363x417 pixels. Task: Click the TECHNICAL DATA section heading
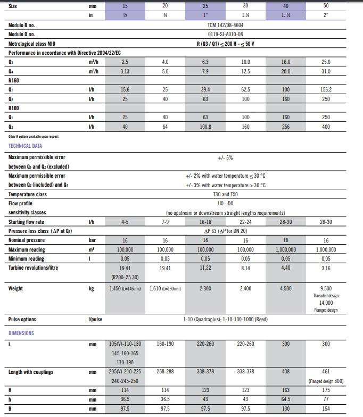click(25, 146)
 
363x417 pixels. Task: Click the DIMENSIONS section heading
click(21, 333)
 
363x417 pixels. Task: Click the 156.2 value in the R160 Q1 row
click(326, 89)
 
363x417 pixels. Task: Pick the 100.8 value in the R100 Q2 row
click(205, 127)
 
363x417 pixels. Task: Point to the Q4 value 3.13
click(125, 71)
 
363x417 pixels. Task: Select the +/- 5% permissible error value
click(225, 157)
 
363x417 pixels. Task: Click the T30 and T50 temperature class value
click(225, 194)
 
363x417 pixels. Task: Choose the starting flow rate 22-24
click(245, 222)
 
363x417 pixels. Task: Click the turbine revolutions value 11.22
click(205, 268)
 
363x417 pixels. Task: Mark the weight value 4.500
click(286, 288)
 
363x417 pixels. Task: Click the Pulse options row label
click(22, 320)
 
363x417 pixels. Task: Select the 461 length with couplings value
click(326, 371)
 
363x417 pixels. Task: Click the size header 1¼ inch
click(245, 15)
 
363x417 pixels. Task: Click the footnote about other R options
click(34, 136)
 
